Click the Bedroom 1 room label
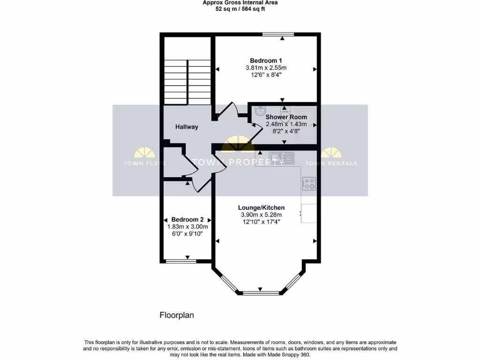tap(266, 60)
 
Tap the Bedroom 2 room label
tap(187, 219)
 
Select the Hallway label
tap(187, 127)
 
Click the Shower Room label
tap(286, 117)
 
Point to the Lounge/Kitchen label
tap(261, 208)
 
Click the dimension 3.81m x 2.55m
tap(266, 67)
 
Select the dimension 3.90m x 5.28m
tap(261, 215)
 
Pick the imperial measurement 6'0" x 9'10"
tap(187, 233)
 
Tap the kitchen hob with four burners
tap(308, 184)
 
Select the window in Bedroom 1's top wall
tap(278, 34)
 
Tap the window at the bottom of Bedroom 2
tap(181, 261)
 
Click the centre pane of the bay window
tap(261, 293)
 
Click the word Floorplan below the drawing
tap(177, 315)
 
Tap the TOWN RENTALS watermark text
tap(331, 164)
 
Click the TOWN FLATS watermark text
tap(144, 164)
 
